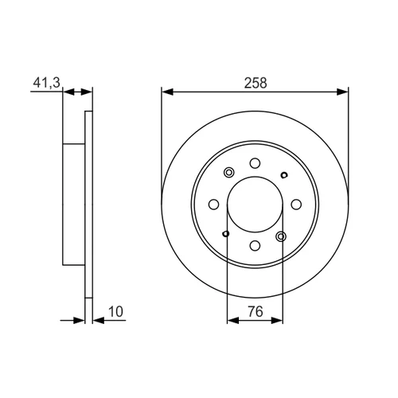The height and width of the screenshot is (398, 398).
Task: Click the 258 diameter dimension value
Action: pos(256,83)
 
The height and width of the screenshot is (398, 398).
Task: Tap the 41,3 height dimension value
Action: pos(47,83)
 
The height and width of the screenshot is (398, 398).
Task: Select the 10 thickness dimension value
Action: pos(115,312)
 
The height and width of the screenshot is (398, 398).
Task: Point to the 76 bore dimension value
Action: pos(256,311)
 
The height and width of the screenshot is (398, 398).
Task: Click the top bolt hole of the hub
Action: pos(255,163)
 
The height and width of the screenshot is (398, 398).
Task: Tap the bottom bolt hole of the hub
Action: pos(255,245)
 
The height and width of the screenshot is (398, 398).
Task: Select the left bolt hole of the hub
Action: pos(214,205)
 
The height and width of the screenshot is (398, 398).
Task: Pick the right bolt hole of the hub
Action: pos(296,205)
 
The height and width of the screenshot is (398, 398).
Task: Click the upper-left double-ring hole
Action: pos(228,173)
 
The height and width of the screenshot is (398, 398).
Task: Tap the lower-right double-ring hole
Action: pos(281,236)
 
